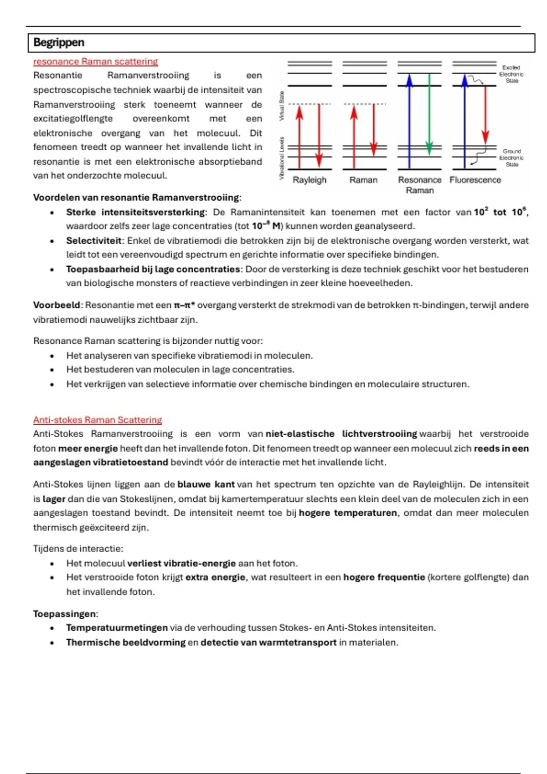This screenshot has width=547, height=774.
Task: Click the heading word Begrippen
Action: click(x=59, y=43)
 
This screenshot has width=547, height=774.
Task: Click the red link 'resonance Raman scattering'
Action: click(x=95, y=61)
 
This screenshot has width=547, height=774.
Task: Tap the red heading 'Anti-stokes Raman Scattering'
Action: click(x=98, y=420)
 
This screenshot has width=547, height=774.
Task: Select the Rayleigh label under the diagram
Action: click(x=310, y=180)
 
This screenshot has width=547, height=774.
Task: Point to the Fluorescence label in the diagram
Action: click(x=475, y=180)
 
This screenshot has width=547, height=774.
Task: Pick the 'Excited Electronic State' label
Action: click(x=511, y=74)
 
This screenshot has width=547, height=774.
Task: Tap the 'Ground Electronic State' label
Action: click(x=511, y=158)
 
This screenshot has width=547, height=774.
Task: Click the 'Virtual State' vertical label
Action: click(x=282, y=106)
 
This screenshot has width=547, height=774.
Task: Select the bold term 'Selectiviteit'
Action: click(x=94, y=240)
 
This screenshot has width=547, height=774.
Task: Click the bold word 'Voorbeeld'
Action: click(x=57, y=305)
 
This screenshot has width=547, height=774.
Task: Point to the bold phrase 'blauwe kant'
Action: click(x=206, y=484)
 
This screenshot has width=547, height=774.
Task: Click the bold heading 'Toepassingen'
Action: click(x=65, y=614)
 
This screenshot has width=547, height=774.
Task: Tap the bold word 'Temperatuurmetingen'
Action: click(x=117, y=628)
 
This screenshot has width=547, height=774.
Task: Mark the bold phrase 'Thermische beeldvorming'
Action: click(x=126, y=642)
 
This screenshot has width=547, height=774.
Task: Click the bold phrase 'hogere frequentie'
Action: click(x=384, y=577)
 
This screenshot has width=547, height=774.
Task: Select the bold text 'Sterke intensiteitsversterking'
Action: click(x=135, y=212)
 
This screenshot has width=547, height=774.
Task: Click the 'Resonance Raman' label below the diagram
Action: click(x=419, y=185)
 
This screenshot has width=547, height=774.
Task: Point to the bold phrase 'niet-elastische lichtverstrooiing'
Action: click(x=341, y=434)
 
